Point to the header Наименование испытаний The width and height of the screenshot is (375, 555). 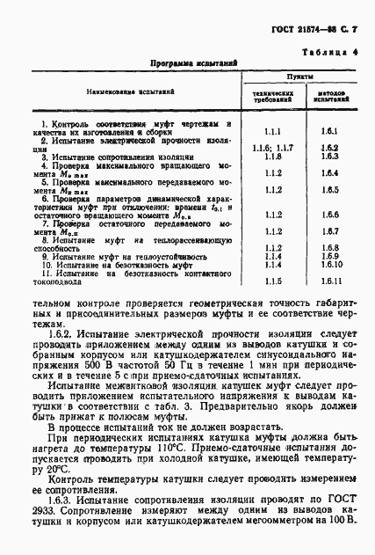pos(127,91)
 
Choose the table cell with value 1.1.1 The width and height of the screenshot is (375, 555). pos(271,130)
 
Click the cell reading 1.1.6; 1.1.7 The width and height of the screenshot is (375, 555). pos(271,147)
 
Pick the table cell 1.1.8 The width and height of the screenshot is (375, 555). pos(271,156)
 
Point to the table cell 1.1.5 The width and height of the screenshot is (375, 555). pos(271,281)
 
